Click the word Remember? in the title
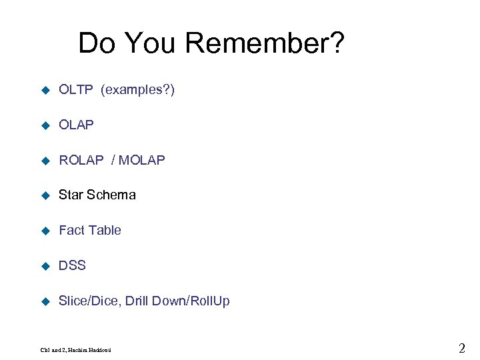coord(265,44)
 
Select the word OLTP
coord(76,89)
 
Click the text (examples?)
coord(137,89)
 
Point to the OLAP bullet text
coord(76,125)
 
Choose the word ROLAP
coord(81,160)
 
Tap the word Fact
coord(72,230)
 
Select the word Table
coord(105,230)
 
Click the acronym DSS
coord(72,265)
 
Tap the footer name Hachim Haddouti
coord(93,349)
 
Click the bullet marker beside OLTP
coord(45,90)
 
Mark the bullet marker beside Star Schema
coord(45,195)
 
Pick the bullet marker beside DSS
coord(45,266)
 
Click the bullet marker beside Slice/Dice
coord(45,301)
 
